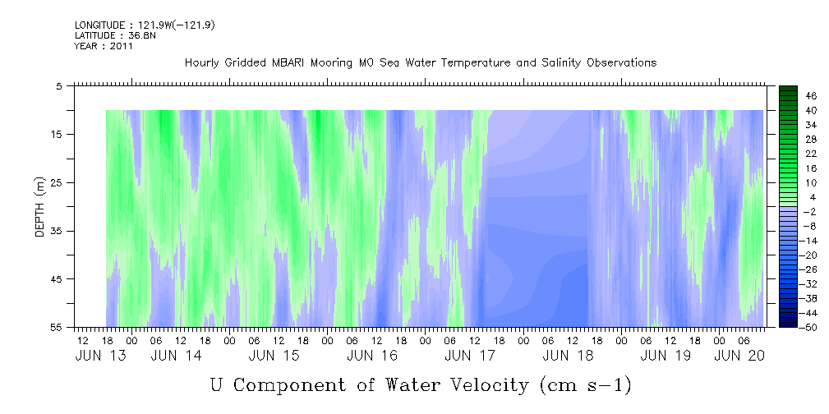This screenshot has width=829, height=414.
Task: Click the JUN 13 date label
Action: tap(100, 356)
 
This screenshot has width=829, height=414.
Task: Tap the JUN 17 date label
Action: tap(470, 356)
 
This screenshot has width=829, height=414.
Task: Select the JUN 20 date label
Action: tap(739, 356)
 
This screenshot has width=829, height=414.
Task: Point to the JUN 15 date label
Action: tap(274, 356)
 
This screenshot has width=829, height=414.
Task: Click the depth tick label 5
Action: tap(58, 85)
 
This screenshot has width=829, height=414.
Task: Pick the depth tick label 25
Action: tap(56, 182)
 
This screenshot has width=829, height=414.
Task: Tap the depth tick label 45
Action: tap(56, 278)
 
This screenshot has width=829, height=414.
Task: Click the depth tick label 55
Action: tap(56, 327)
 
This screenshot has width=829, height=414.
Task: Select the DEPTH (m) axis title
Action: tap(40, 207)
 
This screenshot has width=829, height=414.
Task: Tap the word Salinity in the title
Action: tap(561, 63)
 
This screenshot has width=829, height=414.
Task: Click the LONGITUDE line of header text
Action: tap(145, 25)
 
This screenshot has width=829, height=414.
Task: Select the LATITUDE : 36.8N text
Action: tap(115, 35)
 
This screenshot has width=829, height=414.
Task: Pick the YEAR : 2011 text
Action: tap(104, 46)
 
